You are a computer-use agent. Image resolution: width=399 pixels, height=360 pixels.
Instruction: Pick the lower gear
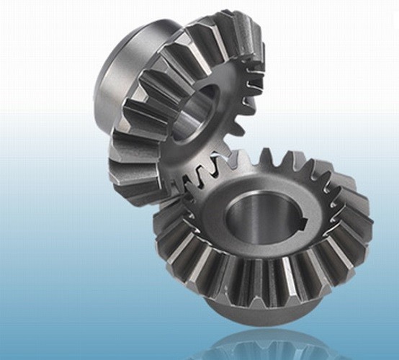(266, 230)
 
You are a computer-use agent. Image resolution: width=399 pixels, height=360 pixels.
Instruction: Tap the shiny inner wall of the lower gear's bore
(245, 216)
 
